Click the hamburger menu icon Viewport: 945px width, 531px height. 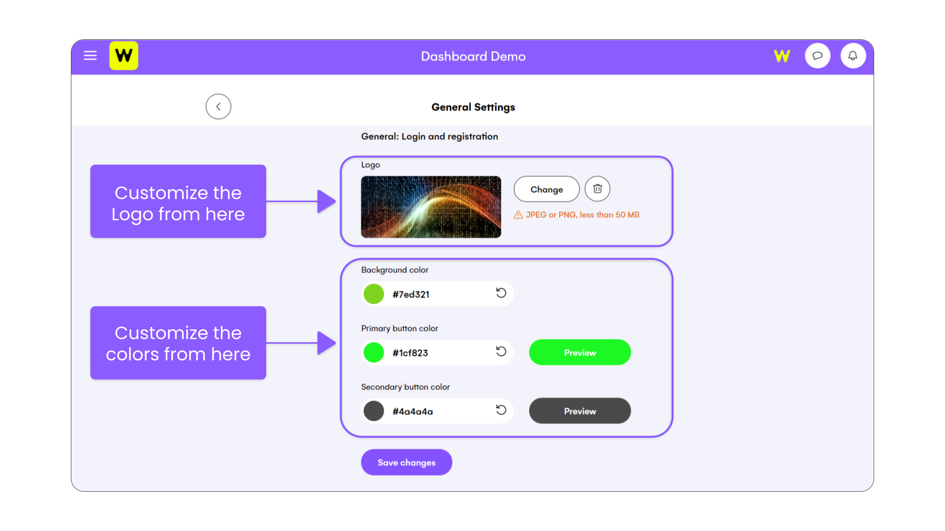point(90,56)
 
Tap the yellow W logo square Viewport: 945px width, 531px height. point(124,56)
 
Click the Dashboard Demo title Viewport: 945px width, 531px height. point(473,57)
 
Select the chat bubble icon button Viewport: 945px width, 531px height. point(818,56)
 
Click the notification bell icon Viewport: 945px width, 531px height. point(853,56)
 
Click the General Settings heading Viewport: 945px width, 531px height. point(473,107)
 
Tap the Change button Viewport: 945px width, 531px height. point(546,189)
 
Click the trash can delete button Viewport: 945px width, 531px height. point(598,189)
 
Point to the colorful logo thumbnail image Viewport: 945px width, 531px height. point(431,207)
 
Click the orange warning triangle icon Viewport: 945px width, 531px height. point(518,215)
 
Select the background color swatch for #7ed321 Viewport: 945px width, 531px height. point(374,294)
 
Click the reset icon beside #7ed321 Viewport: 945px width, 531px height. point(501,293)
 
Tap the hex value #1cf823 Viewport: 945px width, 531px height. point(410,353)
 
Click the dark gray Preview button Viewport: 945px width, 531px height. point(580,411)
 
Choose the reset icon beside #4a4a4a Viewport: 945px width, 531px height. point(501,410)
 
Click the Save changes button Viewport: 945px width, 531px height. point(407,462)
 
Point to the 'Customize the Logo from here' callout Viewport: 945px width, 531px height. point(178,201)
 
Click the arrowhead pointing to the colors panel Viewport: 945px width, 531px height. point(326,343)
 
